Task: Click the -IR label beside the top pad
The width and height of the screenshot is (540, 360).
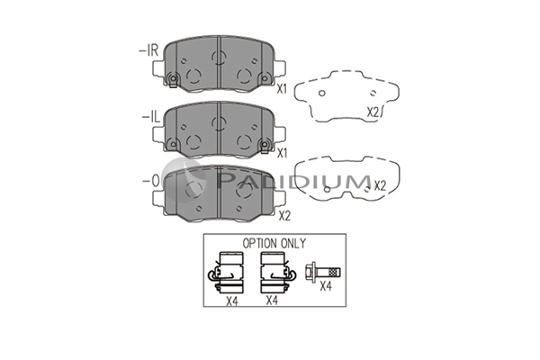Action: (x=148, y=51)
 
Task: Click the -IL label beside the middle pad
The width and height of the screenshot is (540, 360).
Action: (x=151, y=118)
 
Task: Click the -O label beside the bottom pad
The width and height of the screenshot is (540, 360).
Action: (x=151, y=181)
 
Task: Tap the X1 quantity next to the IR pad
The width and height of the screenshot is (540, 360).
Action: (x=282, y=89)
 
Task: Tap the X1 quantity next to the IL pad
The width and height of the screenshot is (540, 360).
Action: (x=282, y=153)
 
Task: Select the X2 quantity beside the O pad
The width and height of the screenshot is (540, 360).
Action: (x=284, y=216)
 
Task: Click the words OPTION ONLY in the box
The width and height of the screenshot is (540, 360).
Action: (x=274, y=244)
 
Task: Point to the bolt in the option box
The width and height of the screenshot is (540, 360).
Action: (x=323, y=272)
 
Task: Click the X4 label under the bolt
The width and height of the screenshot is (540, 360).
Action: (x=326, y=286)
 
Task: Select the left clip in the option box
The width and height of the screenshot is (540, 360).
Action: (x=226, y=273)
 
